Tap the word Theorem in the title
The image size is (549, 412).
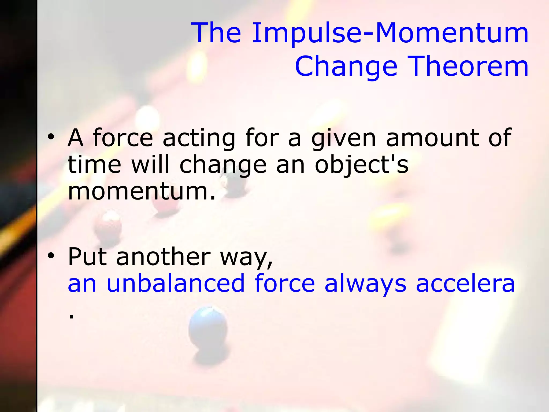469,66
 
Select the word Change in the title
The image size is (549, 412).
346,66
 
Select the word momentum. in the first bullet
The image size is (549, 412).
142,191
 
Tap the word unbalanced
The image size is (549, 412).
176,283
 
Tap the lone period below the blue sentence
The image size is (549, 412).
71,317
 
